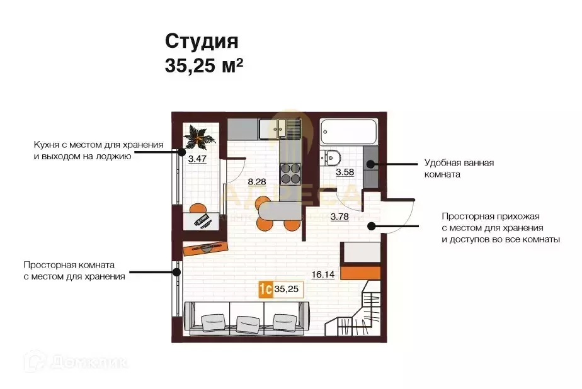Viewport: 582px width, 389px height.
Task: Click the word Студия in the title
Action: (202, 42)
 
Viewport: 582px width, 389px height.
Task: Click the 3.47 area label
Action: (197, 159)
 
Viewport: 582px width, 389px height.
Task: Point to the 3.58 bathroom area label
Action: (345, 172)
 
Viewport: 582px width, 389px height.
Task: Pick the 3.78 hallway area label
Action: (340, 218)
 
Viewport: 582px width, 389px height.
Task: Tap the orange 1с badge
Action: (265, 289)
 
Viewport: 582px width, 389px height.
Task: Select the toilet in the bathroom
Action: (332, 157)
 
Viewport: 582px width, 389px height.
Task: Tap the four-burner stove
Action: (290, 171)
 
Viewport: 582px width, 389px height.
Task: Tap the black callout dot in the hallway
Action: (372, 225)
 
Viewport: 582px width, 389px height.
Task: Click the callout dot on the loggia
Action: (181, 150)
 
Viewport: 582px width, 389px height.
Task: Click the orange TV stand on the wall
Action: (204, 247)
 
